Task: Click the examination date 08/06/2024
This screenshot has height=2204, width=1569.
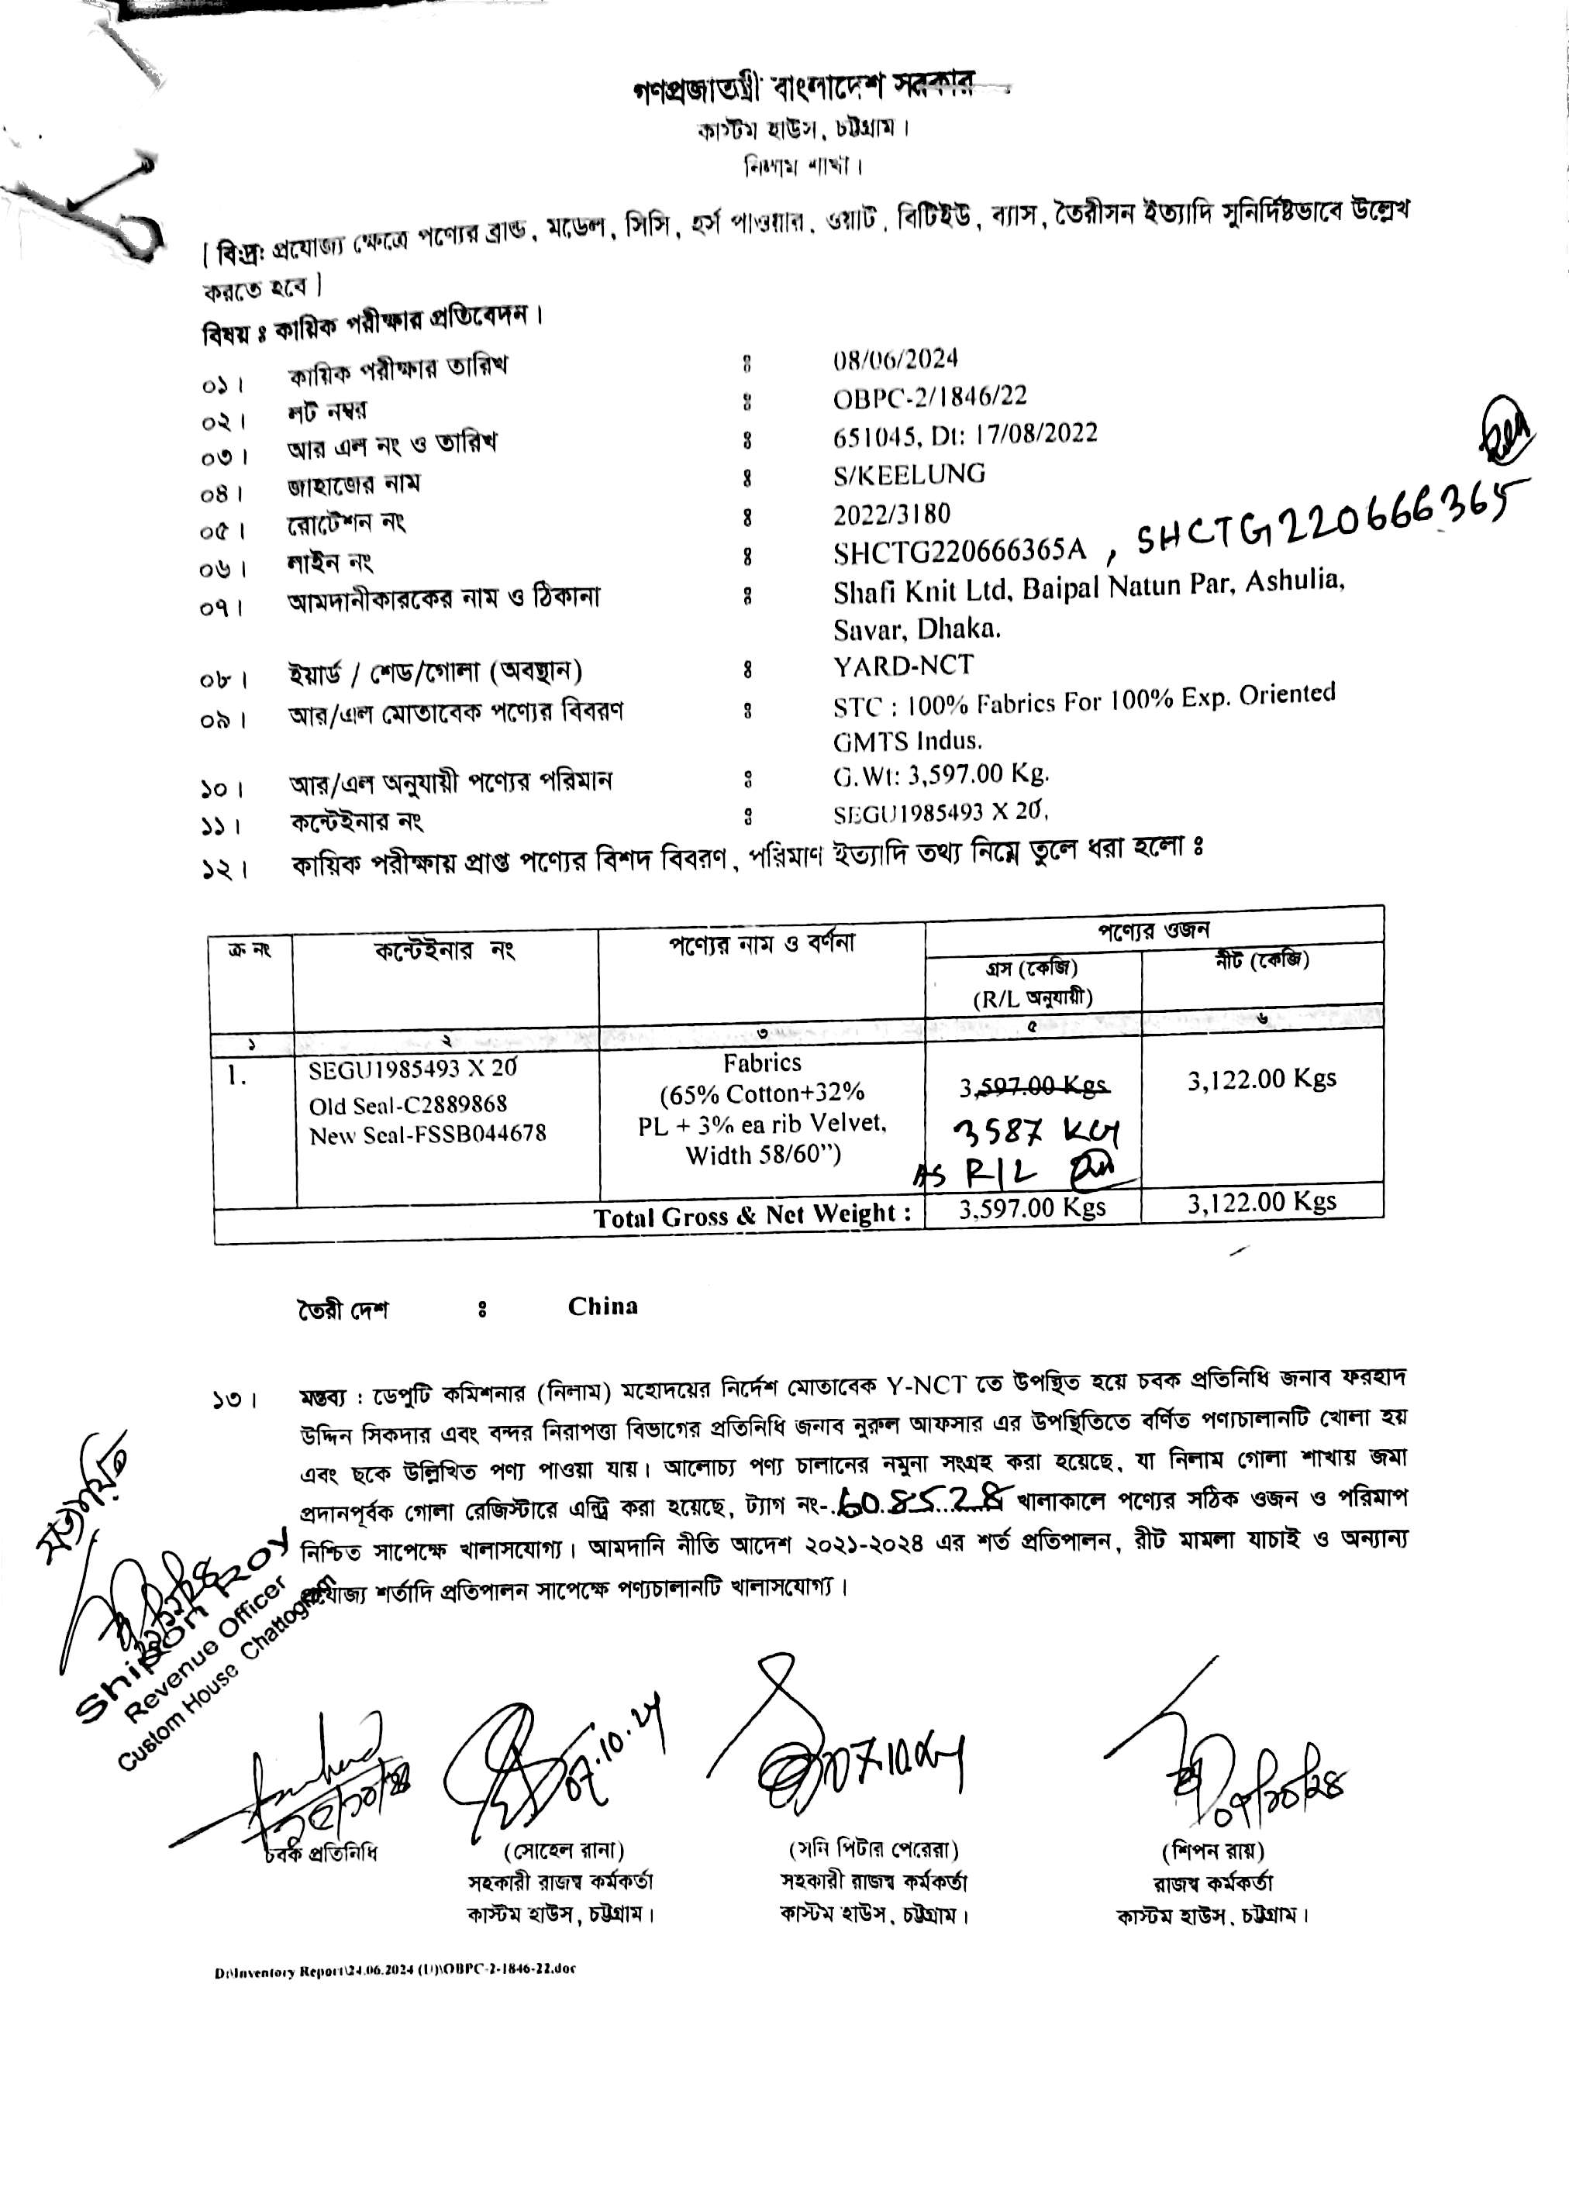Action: (895, 360)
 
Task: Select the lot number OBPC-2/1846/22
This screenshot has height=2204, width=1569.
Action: (929, 396)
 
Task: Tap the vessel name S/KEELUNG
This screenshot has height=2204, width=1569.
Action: (909, 474)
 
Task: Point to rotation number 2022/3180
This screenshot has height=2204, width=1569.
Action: (891, 514)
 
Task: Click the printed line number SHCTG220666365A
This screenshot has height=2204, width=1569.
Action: (960, 552)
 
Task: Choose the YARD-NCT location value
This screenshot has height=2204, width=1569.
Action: (903, 666)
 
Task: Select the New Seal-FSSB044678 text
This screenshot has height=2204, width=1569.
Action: (427, 1135)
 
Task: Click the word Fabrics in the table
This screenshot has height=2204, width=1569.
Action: (762, 1063)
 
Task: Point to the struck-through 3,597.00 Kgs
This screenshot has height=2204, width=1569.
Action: (1033, 1087)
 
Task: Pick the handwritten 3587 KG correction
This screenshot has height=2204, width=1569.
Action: (1036, 1130)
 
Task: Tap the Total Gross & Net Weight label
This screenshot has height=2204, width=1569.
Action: (753, 1216)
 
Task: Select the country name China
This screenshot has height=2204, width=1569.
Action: (603, 1307)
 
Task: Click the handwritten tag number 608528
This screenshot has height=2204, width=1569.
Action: (922, 1499)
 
